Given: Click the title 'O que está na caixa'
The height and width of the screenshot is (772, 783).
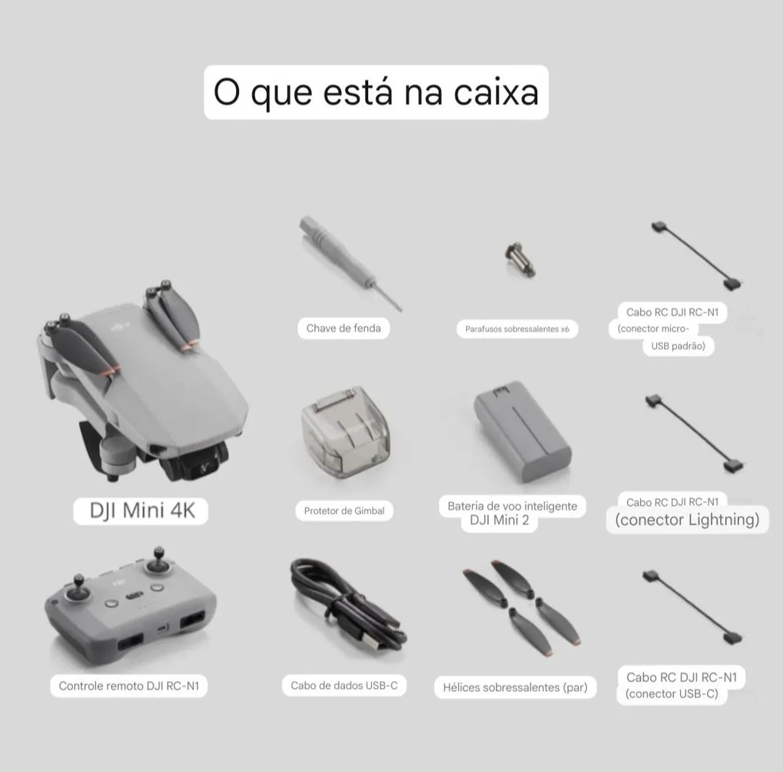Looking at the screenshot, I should point(376,92).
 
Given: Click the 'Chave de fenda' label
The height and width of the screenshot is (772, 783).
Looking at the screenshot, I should point(343,328).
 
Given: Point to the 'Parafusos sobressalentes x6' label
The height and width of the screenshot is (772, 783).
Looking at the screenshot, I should point(517,329).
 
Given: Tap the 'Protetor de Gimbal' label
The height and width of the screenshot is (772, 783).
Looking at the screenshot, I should point(344,511).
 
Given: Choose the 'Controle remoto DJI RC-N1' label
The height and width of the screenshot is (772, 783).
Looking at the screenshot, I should point(129,686).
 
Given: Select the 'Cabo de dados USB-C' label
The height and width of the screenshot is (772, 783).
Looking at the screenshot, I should point(344,685).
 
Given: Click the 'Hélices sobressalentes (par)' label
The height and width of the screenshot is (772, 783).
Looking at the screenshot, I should point(515,688).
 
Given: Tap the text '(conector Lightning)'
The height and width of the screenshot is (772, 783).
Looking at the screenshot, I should point(687,520).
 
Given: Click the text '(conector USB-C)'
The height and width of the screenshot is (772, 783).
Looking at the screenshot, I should point(672,694).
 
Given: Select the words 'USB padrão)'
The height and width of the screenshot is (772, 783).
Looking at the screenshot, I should point(678,346).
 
